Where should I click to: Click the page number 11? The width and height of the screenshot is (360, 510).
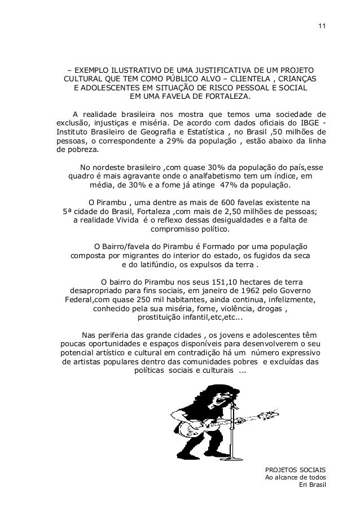[321, 27]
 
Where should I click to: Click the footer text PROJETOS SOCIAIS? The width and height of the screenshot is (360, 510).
[295, 469]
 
